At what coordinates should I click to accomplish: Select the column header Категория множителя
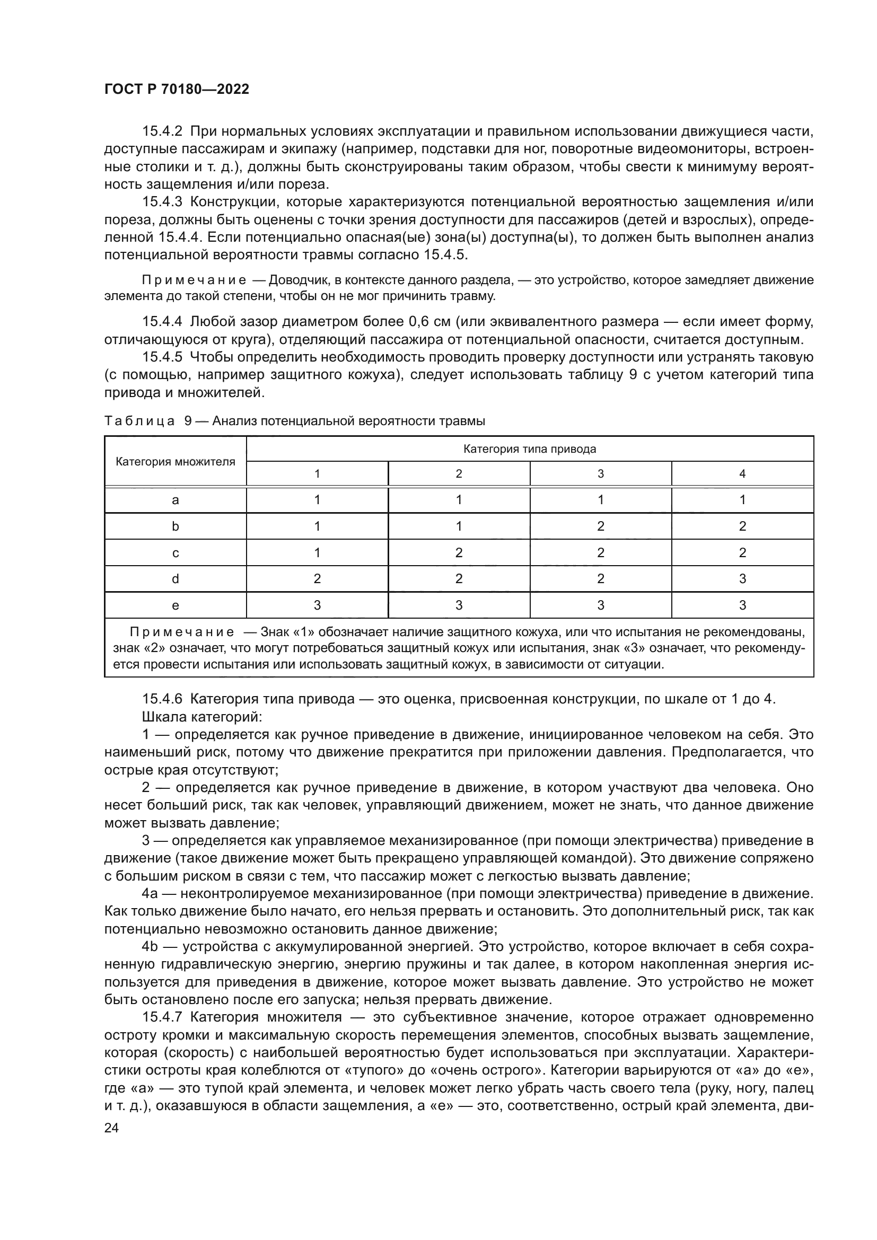point(176,462)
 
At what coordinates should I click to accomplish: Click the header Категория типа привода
point(529,449)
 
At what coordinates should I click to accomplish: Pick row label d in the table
point(176,579)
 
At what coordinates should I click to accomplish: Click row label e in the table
point(176,605)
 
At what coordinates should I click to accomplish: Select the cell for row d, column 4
point(742,579)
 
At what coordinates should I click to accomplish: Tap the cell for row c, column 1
point(317,552)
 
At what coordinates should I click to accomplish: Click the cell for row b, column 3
point(601,526)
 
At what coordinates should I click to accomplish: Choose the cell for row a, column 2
point(459,499)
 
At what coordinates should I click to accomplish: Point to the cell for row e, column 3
point(601,605)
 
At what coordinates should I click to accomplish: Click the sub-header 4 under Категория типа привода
point(742,473)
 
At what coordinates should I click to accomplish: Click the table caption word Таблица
point(139,421)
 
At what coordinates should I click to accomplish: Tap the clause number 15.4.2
point(162,131)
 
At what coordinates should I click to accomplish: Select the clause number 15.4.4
point(162,322)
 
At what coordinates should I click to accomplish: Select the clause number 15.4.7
point(162,1017)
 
